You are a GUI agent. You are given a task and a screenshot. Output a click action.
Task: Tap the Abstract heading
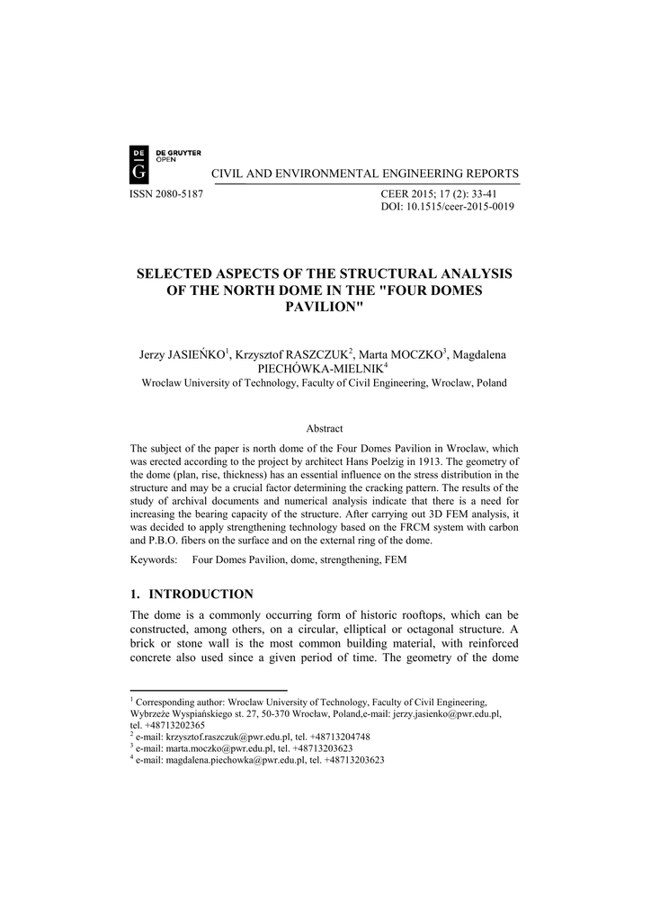[x=325, y=429]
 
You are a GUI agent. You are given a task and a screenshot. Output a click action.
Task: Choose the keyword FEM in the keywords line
[x=397, y=559]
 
